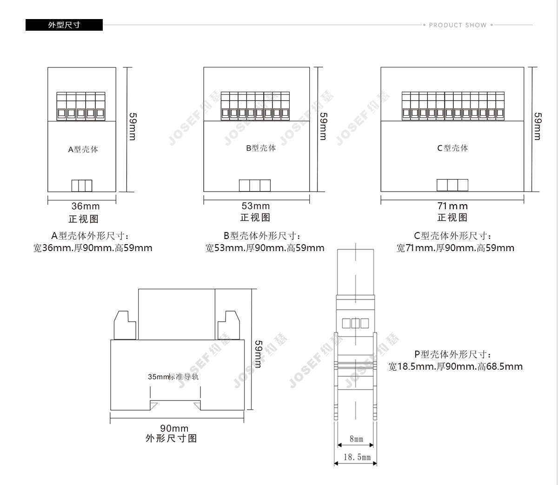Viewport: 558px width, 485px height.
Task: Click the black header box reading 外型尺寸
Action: click(x=64, y=25)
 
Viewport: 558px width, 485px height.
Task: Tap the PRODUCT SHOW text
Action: click(x=458, y=25)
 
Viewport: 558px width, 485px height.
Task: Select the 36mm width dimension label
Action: click(x=86, y=206)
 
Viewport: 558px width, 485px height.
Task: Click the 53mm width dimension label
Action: click(x=256, y=206)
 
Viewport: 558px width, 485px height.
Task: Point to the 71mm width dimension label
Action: click(x=452, y=206)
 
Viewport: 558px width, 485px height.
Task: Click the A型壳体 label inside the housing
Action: click(x=83, y=149)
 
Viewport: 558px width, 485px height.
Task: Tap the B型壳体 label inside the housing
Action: click(x=261, y=148)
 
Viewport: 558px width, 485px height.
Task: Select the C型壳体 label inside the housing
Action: click(x=452, y=148)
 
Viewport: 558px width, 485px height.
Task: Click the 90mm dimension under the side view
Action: click(x=174, y=428)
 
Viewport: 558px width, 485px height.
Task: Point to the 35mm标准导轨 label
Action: click(x=173, y=377)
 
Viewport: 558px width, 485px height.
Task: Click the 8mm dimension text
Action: click(x=356, y=439)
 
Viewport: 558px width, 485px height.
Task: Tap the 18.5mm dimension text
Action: click(x=357, y=457)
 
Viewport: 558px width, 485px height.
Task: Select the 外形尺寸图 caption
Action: click(x=171, y=438)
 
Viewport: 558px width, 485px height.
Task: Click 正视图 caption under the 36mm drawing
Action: click(x=83, y=219)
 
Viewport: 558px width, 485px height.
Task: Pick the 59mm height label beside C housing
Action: click(x=538, y=126)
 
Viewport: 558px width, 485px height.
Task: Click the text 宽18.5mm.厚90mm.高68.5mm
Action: click(x=455, y=366)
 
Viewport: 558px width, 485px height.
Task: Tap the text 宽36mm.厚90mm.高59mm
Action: click(x=93, y=248)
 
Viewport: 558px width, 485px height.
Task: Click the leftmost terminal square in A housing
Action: click(x=62, y=113)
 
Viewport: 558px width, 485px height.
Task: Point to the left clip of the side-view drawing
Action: click(x=125, y=325)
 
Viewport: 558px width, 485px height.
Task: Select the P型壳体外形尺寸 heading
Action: click(x=453, y=354)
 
